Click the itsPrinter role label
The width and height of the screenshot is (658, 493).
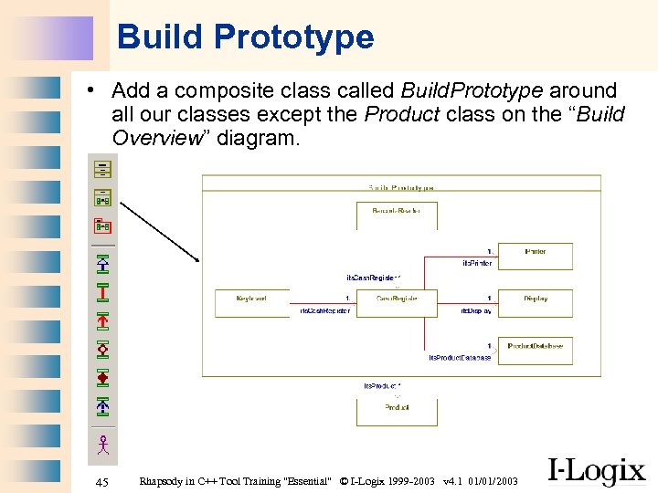476,263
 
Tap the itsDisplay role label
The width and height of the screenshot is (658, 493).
476,311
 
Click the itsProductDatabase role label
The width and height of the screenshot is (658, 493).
460,358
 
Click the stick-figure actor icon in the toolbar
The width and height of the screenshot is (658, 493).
103,445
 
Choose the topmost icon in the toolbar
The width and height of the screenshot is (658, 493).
102,169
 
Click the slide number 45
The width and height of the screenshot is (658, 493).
101,481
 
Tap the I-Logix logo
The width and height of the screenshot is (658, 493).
596,470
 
